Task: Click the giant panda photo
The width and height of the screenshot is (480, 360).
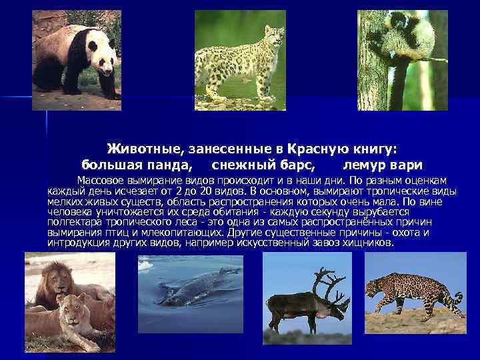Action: (77, 60)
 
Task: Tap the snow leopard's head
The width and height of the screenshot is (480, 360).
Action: (273, 35)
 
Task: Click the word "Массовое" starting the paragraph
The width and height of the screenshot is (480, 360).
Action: (99, 180)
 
